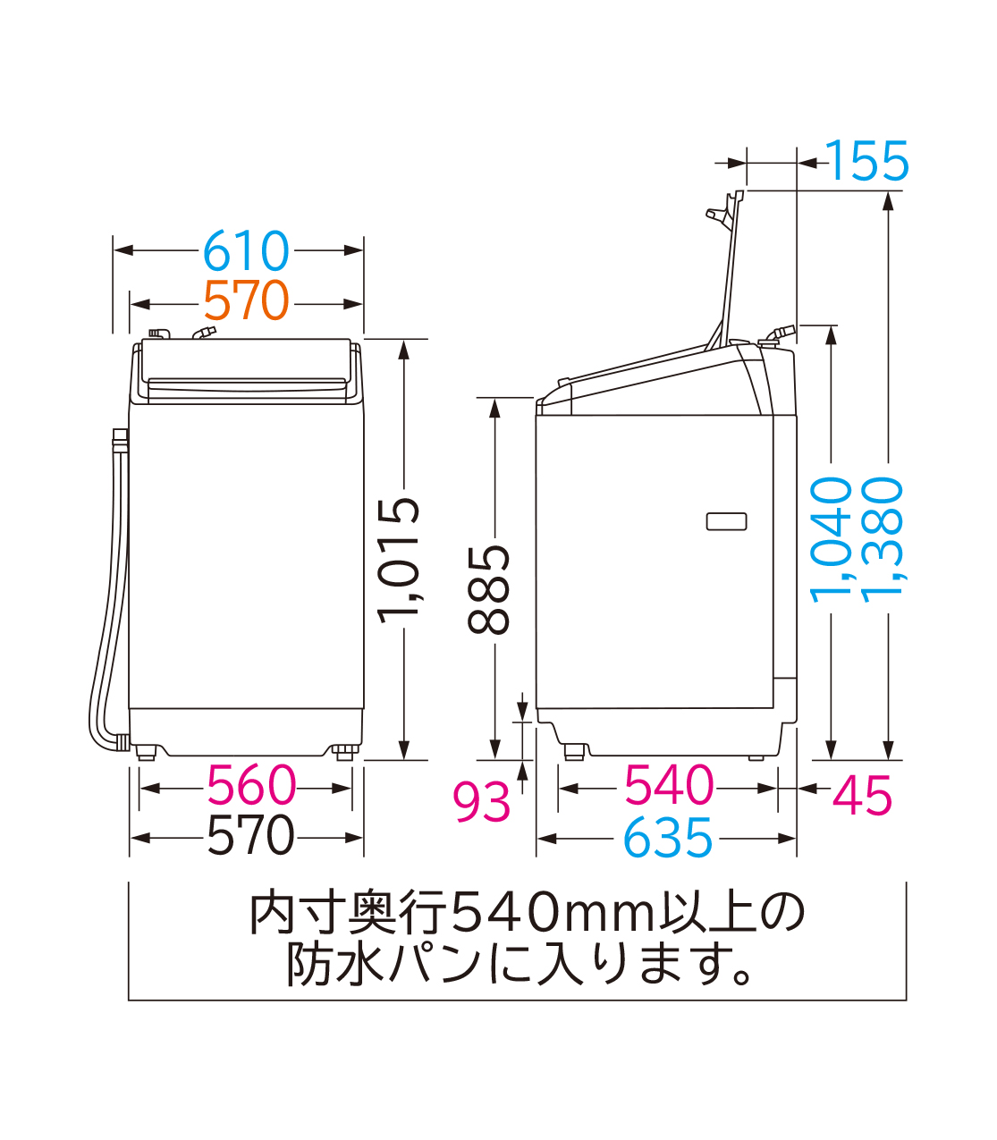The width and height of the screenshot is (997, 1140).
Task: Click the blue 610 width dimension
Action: coord(246,251)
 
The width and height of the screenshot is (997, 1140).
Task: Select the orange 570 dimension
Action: coord(246,301)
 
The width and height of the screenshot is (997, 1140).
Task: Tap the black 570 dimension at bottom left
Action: coord(249,837)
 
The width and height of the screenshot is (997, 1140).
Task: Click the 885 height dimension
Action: coord(490,589)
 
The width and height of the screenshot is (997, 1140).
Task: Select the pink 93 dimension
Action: coord(481,800)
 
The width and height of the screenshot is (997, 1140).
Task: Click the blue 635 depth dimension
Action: coord(668,839)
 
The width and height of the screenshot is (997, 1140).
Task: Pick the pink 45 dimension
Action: coord(862,795)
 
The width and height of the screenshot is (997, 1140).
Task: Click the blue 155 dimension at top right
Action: coord(867,162)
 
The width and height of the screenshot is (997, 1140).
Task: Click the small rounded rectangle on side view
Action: coord(726,521)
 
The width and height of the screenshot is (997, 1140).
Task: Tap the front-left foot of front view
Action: coord(145,750)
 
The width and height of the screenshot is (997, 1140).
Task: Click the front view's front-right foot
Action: coord(344,751)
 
